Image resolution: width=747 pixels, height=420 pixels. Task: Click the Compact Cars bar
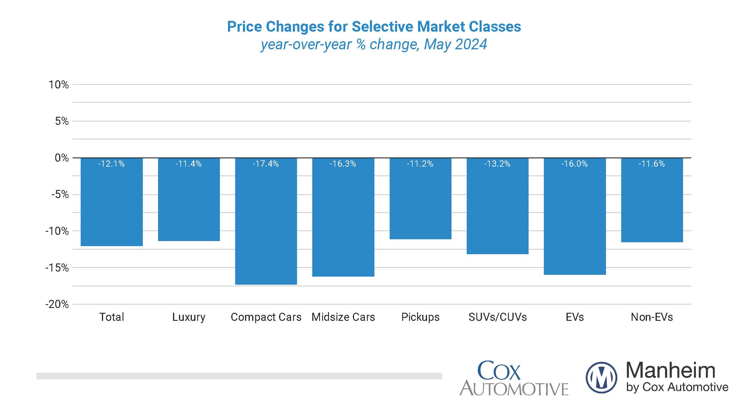pos(266,221)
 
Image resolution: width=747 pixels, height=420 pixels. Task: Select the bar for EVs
pos(575,217)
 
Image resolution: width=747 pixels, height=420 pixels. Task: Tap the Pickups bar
pos(420,199)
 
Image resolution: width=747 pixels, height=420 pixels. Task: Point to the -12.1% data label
pos(111,164)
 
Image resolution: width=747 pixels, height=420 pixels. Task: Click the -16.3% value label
pos(343,164)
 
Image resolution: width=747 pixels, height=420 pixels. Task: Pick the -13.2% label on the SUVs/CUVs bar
pos(498,164)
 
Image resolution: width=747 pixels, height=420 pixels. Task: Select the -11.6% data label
pos(652,164)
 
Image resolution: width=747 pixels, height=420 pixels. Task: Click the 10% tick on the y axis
pos(59,85)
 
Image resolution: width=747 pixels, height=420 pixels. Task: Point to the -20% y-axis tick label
pos(57,304)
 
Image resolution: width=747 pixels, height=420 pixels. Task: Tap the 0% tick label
pos(62,158)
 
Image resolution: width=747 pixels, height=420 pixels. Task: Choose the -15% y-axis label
pos(57,268)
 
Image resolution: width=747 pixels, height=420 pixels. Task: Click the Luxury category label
pos(189,317)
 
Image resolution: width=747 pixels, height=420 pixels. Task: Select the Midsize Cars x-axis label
pos(343,317)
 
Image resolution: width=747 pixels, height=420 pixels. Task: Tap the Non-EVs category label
pos(652,317)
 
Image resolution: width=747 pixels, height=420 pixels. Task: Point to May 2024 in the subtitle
pos(455,44)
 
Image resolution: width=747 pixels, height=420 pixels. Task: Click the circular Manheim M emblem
pos(601,377)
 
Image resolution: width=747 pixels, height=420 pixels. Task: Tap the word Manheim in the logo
pos(671,370)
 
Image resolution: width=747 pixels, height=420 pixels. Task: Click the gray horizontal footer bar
pos(239,376)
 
